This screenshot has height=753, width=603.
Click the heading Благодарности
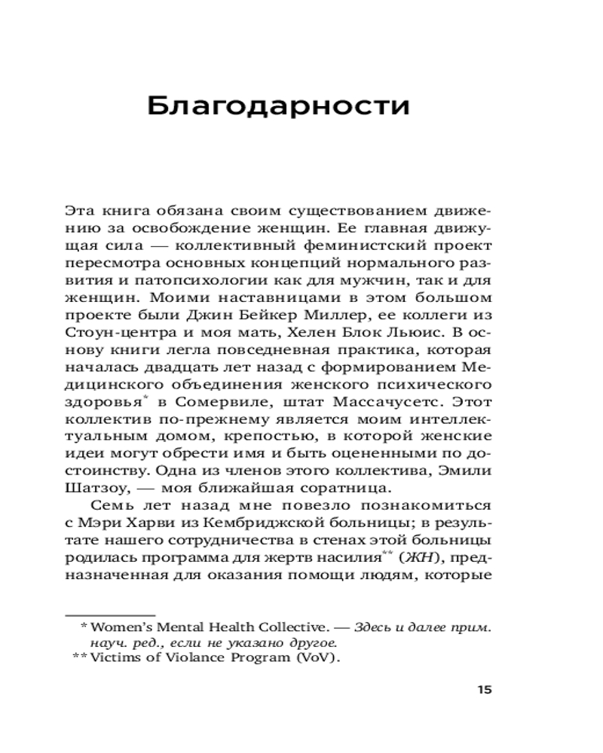tap(278, 105)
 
